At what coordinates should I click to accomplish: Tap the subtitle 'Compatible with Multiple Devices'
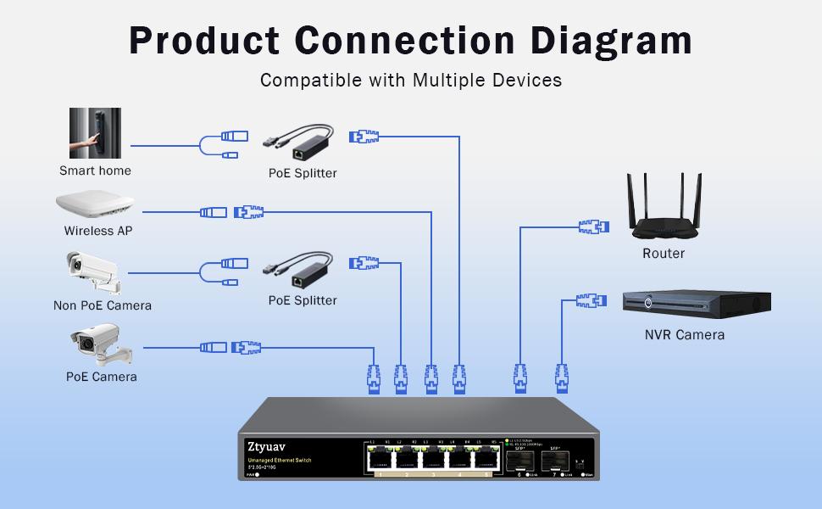[411, 81]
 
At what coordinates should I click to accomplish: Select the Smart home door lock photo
[95, 134]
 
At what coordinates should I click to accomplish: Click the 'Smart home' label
[95, 171]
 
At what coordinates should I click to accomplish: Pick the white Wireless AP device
[96, 206]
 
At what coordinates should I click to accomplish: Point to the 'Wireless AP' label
[98, 231]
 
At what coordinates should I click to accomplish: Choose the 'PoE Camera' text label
[102, 377]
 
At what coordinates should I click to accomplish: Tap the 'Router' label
[664, 253]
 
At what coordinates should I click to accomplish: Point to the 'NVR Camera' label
[685, 334]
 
